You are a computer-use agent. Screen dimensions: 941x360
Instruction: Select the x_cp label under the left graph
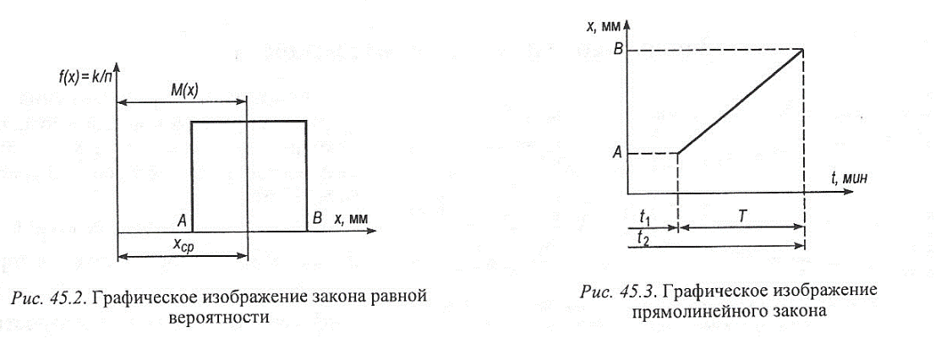click(181, 245)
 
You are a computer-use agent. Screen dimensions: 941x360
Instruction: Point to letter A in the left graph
click(181, 220)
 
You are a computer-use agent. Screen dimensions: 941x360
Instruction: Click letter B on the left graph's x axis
click(318, 220)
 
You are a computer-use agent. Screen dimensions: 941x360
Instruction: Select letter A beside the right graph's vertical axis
click(618, 153)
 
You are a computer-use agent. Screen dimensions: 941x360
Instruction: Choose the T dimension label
click(741, 216)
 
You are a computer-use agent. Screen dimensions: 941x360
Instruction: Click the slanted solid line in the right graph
click(740, 102)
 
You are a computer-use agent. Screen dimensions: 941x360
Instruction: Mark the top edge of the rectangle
click(249, 122)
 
